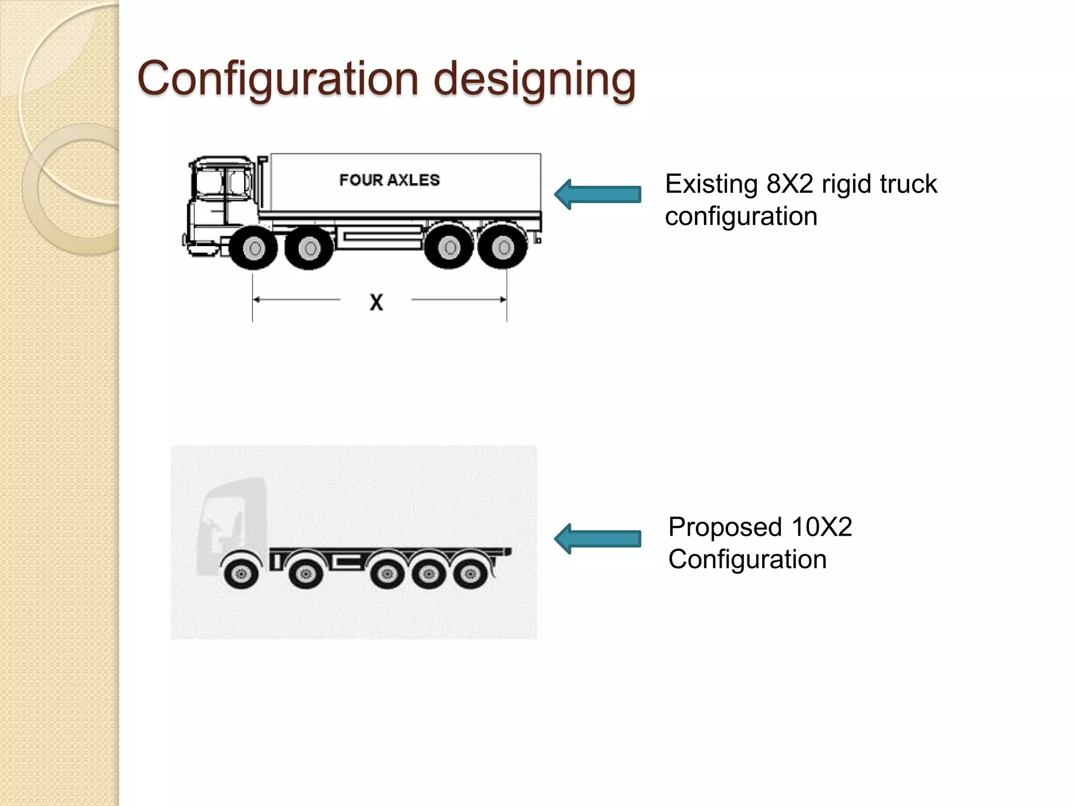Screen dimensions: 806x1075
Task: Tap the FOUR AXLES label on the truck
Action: pos(389,180)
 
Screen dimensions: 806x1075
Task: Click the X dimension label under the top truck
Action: pos(376,302)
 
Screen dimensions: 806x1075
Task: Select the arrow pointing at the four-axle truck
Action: pos(597,194)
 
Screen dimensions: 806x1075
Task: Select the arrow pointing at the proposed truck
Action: pos(597,538)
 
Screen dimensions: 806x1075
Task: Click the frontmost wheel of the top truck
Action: pos(255,248)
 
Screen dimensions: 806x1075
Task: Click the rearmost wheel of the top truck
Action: pos(503,247)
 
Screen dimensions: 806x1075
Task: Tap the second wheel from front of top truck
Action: pos(309,248)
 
